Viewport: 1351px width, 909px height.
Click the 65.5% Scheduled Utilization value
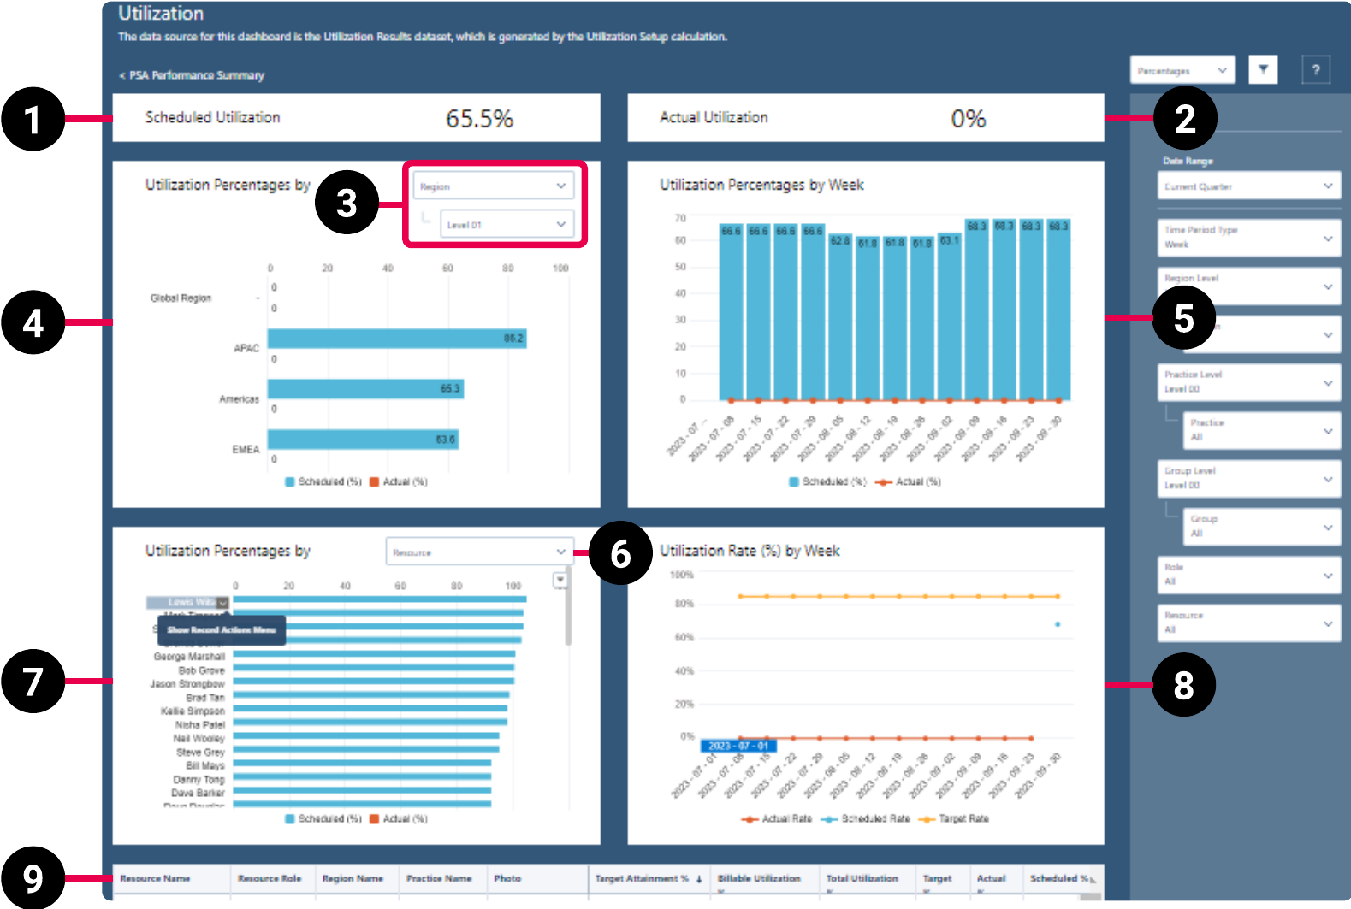coord(479,119)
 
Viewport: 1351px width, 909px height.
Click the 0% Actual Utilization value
coord(968,119)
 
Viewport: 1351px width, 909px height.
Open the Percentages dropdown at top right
coord(1182,70)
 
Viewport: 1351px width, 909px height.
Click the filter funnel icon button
coord(1263,70)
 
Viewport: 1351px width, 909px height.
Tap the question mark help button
coord(1316,70)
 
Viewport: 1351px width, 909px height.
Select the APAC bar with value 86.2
coord(396,339)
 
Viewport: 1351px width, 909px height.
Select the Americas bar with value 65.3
coord(365,389)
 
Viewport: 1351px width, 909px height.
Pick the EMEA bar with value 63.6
coord(363,440)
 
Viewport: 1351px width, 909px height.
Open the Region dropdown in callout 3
coord(493,186)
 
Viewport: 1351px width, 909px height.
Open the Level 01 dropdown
coord(506,225)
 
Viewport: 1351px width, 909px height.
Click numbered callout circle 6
coord(620,553)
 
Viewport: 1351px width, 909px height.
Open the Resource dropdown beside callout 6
coord(478,552)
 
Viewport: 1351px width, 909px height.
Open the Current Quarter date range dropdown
coord(1248,186)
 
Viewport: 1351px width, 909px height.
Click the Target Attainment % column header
coord(642,878)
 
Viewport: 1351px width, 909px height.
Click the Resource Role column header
coord(270,878)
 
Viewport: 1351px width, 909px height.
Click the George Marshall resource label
coord(189,657)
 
